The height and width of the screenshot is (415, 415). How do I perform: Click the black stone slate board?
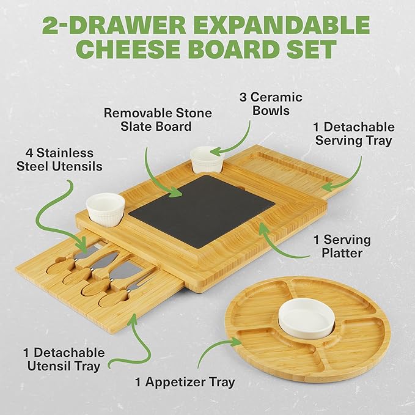point(202,210)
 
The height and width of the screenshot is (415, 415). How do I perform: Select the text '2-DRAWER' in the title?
point(114,25)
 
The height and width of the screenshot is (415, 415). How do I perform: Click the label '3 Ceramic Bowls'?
point(271,104)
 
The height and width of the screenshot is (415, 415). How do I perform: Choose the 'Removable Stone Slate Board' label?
point(158,120)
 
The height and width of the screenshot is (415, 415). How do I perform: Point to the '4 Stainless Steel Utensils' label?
point(59,160)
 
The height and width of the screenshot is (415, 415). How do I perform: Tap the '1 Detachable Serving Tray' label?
point(354,134)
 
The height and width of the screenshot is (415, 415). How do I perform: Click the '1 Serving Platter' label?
point(342,246)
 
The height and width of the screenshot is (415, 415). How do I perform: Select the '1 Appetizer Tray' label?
point(185,382)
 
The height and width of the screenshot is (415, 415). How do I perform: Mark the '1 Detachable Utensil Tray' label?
point(64,359)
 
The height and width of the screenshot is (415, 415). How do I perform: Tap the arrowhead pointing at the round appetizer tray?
point(235,342)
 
